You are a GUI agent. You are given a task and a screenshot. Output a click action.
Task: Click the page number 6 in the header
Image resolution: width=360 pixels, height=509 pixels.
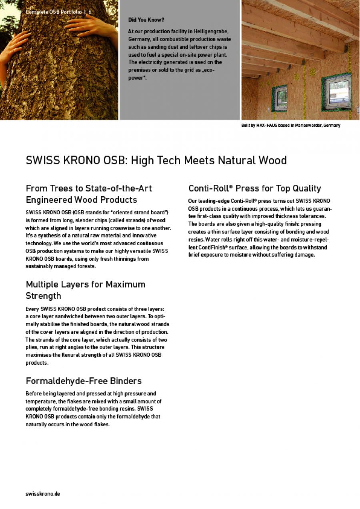(90, 12)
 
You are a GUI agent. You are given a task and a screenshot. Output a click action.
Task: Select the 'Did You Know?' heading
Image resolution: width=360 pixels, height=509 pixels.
(146, 20)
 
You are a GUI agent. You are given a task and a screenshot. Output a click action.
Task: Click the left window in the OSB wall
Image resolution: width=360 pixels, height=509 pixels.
(280, 98)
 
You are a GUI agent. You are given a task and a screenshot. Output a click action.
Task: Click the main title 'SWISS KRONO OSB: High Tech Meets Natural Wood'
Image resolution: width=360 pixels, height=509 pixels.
(156, 160)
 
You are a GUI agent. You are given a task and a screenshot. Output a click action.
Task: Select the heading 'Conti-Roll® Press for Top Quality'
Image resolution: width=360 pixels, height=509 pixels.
(254, 188)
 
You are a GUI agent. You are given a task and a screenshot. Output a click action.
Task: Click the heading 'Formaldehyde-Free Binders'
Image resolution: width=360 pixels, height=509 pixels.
(84, 380)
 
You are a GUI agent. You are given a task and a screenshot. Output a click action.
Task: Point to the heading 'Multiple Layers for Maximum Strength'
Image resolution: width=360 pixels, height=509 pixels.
(85, 290)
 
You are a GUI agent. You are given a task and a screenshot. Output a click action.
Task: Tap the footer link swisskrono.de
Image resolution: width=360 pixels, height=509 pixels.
(43, 494)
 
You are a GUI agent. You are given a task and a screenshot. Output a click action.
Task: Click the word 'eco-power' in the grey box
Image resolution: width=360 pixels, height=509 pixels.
(212, 70)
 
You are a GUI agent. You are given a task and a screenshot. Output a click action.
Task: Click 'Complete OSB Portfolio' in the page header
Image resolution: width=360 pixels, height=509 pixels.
(54, 12)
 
